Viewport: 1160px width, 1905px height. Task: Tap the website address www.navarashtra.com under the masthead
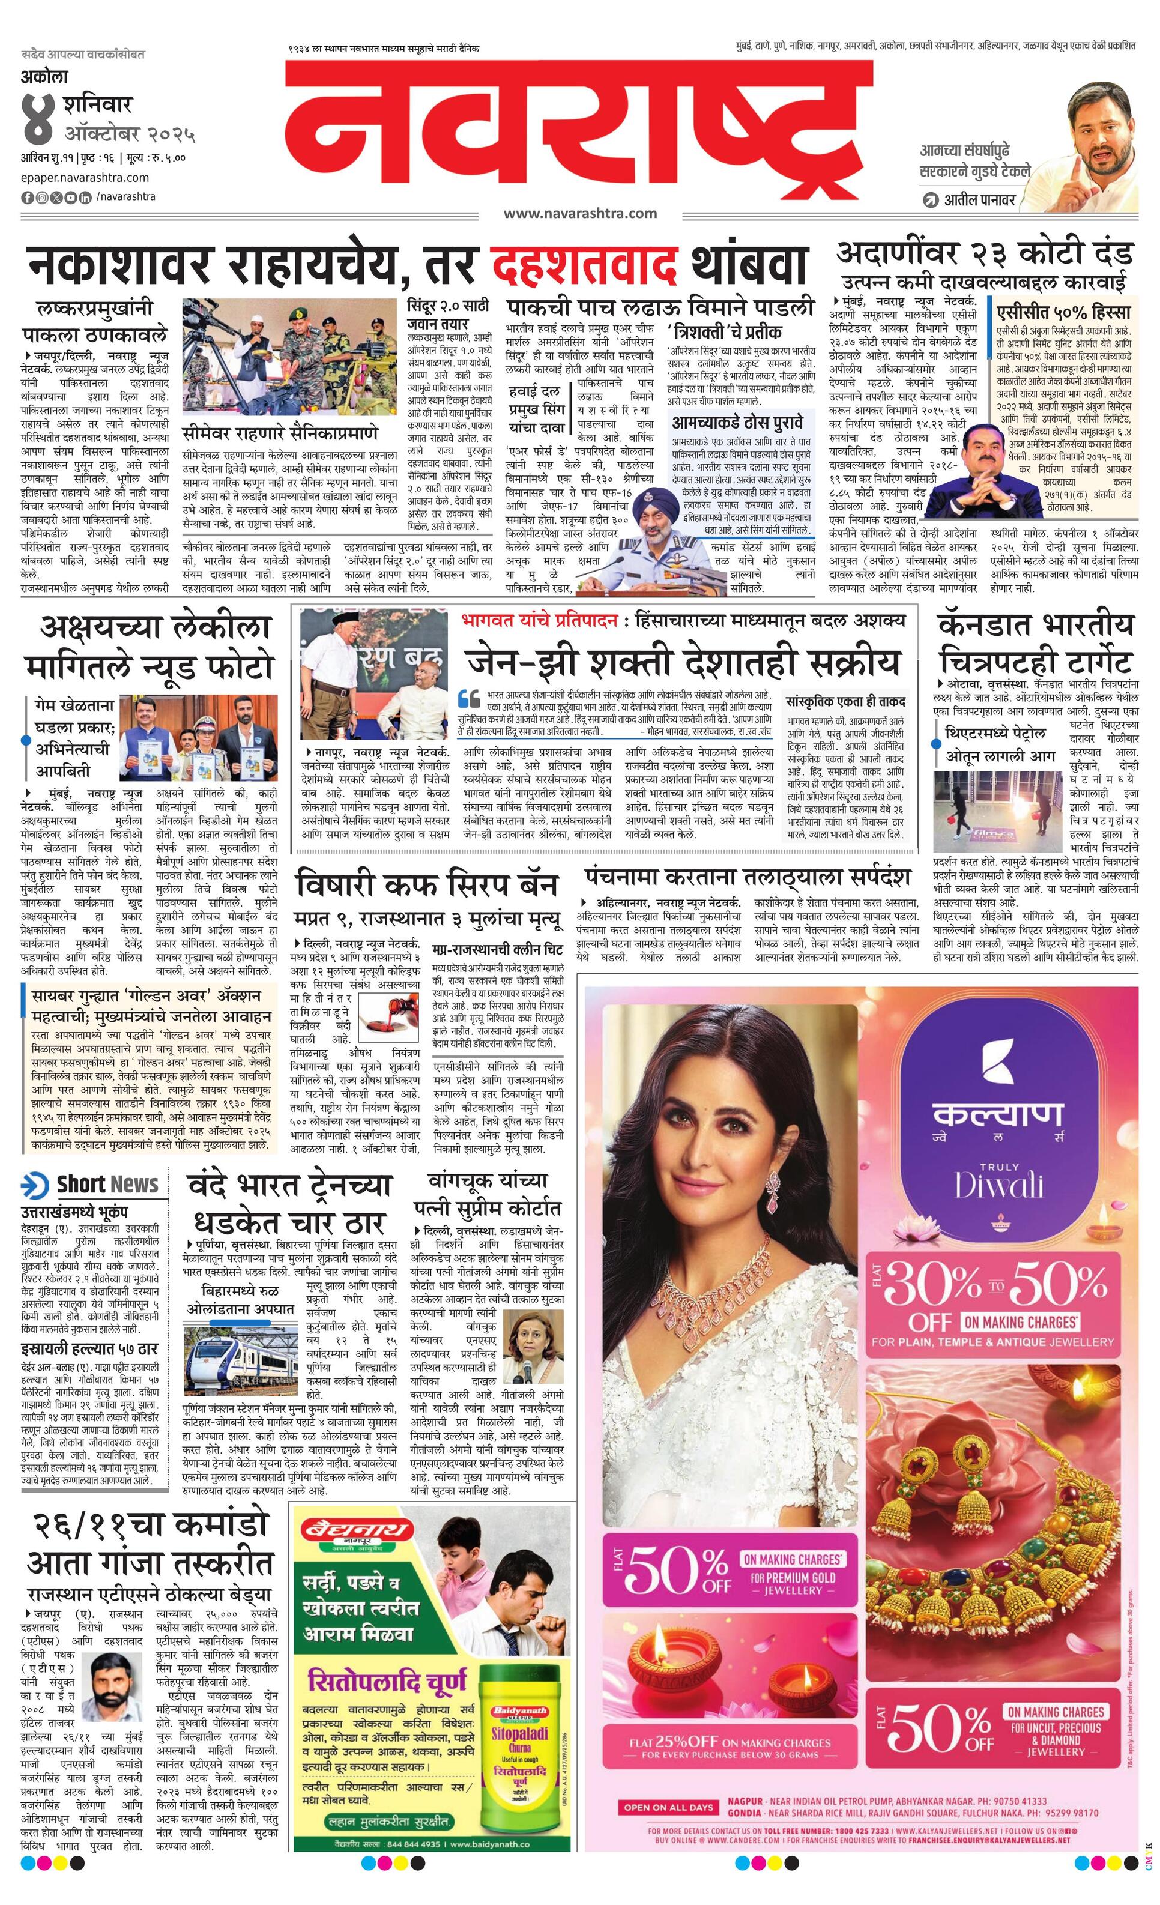579,213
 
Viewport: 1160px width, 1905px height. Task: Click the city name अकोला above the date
45,77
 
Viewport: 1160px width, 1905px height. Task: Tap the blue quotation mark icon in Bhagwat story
469,698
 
